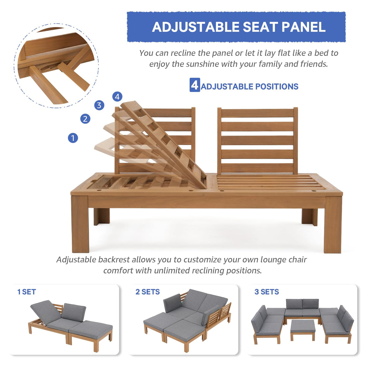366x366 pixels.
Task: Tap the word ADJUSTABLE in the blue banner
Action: click(x=196, y=27)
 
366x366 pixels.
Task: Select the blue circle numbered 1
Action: click(x=73, y=138)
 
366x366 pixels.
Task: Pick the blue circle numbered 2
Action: click(x=85, y=119)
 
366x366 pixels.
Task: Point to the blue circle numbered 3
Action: click(x=99, y=105)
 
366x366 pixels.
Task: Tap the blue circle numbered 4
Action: click(x=117, y=97)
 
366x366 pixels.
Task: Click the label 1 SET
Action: click(x=27, y=292)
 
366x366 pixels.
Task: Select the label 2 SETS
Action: click(x=147, y=292)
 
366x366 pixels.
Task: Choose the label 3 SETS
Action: click(x=267, y=292)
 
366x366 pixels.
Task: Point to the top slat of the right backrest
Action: click(x=257, y=113)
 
